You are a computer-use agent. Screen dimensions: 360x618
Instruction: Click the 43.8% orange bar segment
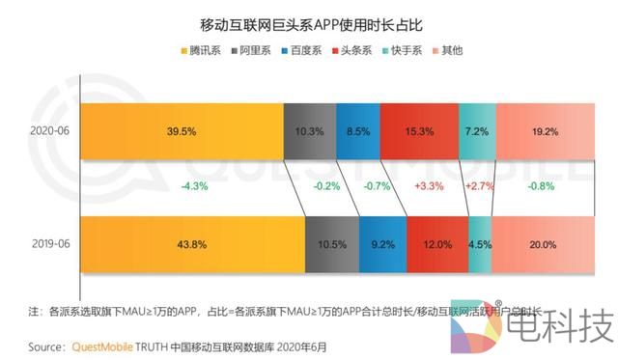192,246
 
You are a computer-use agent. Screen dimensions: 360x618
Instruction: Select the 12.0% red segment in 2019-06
436,246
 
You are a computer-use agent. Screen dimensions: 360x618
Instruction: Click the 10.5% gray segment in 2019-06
331,246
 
